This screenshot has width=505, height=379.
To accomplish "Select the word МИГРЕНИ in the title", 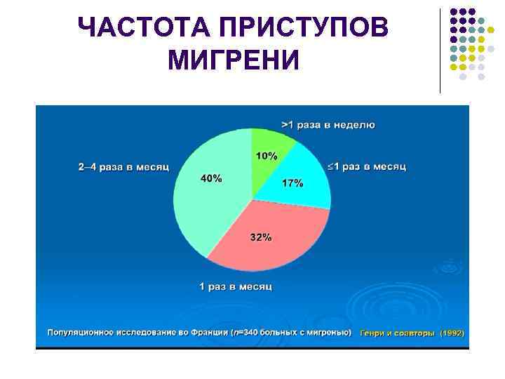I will click(x=234, y=60).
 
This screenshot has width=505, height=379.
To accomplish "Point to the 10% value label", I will click(x=266, y=156).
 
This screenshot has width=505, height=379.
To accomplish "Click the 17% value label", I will click(x=292, y=183).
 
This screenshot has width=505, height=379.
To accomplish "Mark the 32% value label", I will click(x=261, y=237).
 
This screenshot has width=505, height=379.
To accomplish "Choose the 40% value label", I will click(x=211, y=178).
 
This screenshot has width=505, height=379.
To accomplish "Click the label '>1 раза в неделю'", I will click(x=328, y=125).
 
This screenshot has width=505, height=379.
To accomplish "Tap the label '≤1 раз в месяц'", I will click(x=367, y=167).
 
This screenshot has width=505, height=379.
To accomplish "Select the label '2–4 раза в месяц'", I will click(x=124, y=167).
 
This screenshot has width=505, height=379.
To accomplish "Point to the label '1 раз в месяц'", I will click(x=236, y=286).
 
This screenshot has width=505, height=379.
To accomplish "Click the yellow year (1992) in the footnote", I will click(x=452, y=333).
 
